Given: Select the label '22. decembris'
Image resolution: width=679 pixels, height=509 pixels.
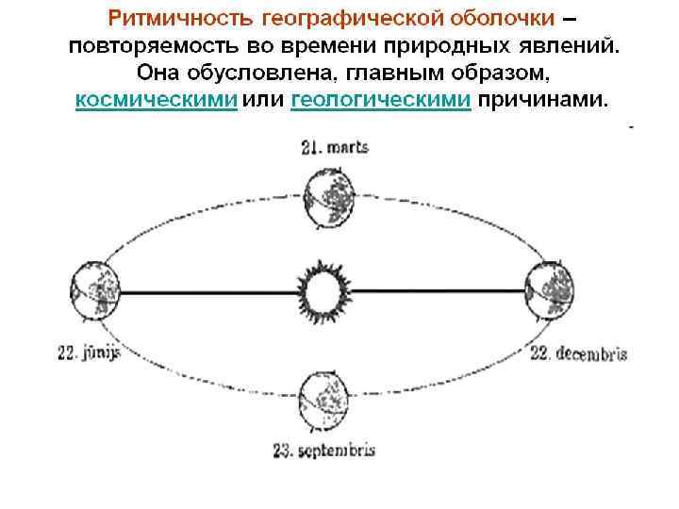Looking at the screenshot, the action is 578,354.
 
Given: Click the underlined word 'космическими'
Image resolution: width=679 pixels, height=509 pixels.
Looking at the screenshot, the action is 156,101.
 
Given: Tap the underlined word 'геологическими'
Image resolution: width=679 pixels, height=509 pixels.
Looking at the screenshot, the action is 380,101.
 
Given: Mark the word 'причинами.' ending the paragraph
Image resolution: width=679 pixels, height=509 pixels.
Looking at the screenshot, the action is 544,101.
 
